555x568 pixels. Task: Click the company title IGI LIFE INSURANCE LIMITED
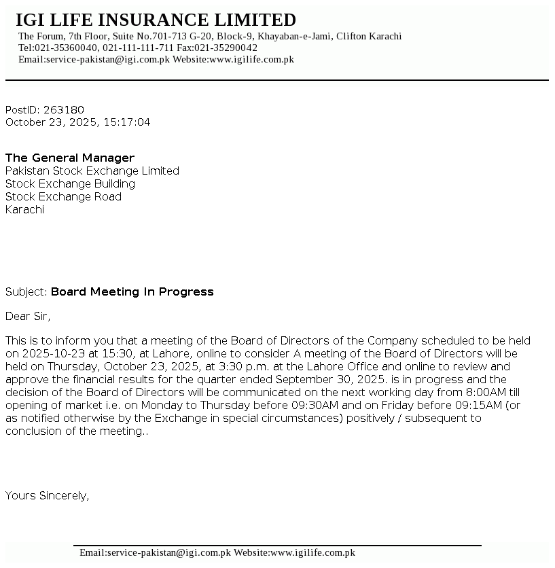(x=156, y=20)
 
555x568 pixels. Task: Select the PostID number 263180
(x=64, y=110)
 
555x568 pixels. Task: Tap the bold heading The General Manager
(x=70, y=158)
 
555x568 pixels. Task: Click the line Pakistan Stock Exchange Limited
(x=92, y=171)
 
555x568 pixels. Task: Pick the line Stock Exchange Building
(x=70, y=184)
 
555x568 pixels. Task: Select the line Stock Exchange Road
(x=63, y=197)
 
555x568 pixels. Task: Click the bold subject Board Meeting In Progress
(x=132, y=292)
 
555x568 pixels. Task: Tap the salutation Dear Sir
(x=28, y=316)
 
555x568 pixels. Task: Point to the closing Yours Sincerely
(x=47, y=496)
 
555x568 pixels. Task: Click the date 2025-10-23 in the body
(x=50, y=354)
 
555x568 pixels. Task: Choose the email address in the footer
(x=155, y=553)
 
